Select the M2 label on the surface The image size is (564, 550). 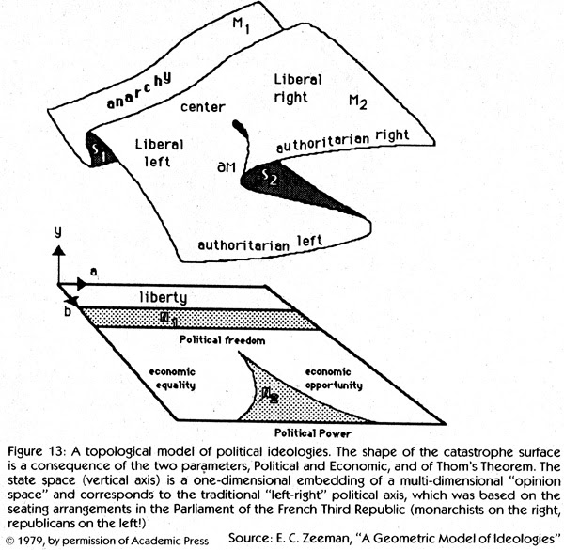tap(358, 100)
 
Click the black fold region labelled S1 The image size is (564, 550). tap(102, 152)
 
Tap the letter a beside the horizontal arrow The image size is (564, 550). tap(93, 271)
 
